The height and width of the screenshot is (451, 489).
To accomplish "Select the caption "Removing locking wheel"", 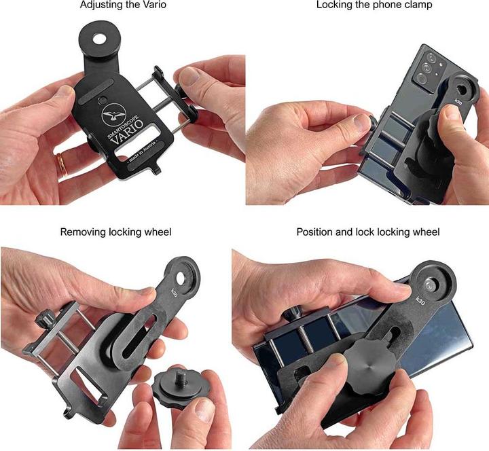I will pyautogui.click(x=115, y=232).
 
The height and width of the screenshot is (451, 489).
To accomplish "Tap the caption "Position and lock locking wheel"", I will pyautogui.click(x=368, y=232).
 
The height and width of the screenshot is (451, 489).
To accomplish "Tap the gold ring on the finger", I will pyautogui.click(x=61, y=164).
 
